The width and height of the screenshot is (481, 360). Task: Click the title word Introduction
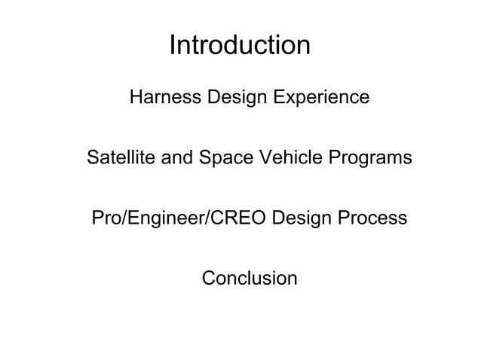[x=240, y=46]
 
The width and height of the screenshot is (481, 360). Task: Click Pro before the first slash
[x=105, y=219]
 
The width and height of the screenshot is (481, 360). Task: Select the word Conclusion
[x=250, y=279]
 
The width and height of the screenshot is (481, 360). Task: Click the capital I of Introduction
[x=173, y=46]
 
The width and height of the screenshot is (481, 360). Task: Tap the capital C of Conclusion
[x=208, y=279]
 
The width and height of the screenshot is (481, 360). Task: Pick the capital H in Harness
[x=136, y=99]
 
